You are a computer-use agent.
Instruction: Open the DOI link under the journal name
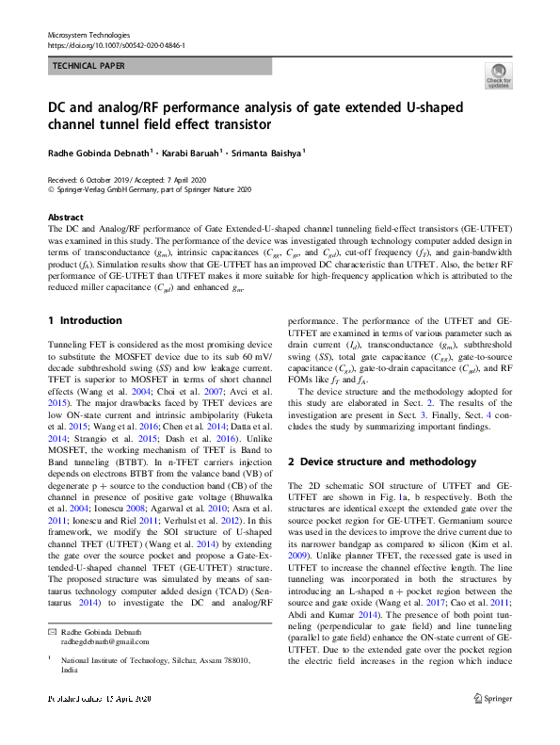[116, 45]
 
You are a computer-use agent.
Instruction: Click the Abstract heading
[66, 218]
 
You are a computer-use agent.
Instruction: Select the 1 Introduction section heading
[85, 321]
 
